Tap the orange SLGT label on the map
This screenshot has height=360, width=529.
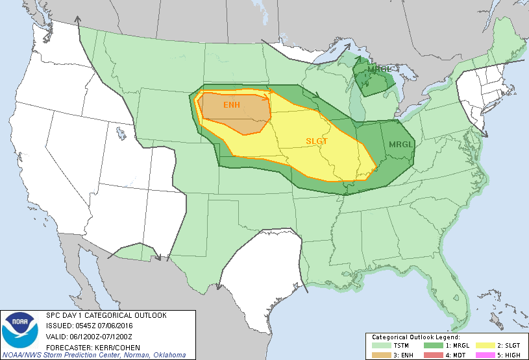317,141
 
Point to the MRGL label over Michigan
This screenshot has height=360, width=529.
379,69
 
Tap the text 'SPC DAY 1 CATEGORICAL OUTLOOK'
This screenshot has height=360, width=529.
106,315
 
